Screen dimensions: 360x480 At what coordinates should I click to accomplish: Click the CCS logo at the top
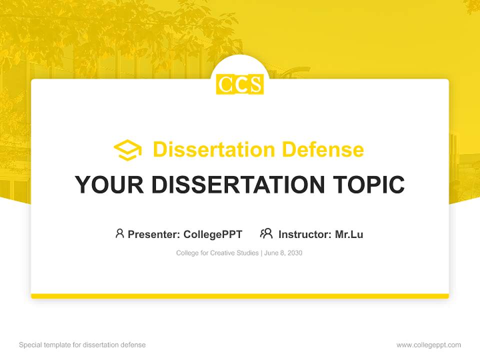tap(240, 84)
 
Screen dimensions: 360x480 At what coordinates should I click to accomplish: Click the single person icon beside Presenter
tap(119, 233)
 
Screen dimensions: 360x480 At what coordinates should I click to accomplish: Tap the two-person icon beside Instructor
tap(266, 233)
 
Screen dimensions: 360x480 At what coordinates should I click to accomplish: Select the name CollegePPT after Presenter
tap(212, 234)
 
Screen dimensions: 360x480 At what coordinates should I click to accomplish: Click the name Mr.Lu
tap(349, 234)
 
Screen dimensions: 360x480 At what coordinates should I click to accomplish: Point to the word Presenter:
tap(154, 234)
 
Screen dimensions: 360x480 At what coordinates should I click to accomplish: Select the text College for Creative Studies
tap(217, 253)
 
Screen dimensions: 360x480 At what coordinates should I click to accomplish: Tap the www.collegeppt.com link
tap(428, 345)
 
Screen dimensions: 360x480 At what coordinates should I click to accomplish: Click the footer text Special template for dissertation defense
tap(82, 345)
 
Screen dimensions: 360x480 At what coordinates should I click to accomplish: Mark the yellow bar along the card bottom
tap(240, 296)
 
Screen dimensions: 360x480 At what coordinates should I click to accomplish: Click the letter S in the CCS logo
tap(255, 84)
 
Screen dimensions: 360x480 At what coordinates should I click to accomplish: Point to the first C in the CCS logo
tap(224, 84)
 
